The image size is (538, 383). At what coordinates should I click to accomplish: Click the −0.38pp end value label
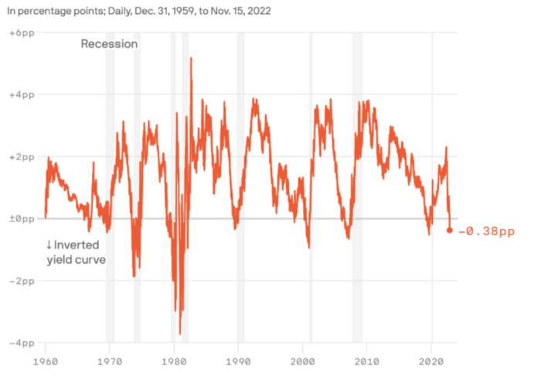[x=486, y=231]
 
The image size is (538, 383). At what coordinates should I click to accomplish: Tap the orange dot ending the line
[x=450, y=231]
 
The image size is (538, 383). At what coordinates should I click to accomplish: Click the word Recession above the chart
[x=109, y=44]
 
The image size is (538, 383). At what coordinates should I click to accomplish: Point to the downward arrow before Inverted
[x=49, y=245]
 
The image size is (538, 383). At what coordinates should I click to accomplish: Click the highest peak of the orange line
[x=191, y=58]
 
